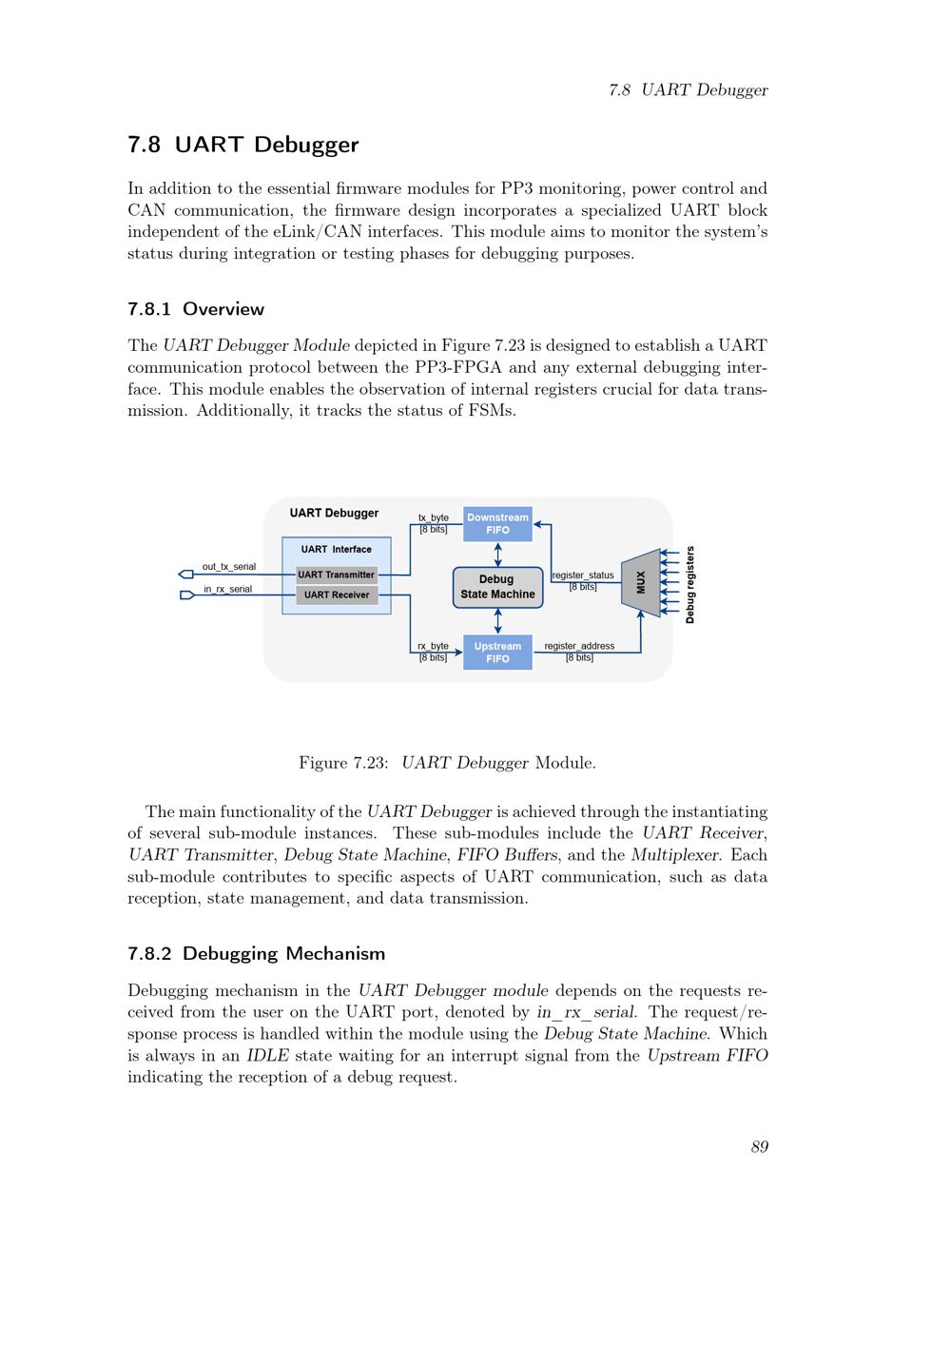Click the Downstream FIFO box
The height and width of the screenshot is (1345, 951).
click(497, 524)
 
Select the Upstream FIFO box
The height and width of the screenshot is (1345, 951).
click(497, 653)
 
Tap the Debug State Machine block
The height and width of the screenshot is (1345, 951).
click(497, 587)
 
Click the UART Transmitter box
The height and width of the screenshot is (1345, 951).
click(336, 575)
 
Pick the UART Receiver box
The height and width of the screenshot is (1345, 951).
click(336, 595)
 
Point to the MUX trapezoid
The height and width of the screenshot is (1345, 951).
click(641, 582)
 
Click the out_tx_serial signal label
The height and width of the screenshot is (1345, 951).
click(228, 567)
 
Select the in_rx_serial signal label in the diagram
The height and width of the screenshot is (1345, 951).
click(228, 589)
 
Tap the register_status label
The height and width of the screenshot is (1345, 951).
click(583, 575)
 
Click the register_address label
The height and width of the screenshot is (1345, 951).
click(579, 646)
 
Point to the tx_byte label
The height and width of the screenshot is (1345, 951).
click(434, 518)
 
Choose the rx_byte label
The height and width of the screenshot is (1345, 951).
click(433, 646)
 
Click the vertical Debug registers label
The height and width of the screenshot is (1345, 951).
click(690, 584)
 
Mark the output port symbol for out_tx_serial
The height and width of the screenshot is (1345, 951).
click(186, 575)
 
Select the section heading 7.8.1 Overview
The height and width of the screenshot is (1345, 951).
click(196, 309)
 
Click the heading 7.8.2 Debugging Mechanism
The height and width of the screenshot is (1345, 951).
click(256, 953)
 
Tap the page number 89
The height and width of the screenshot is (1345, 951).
click(759, 1146)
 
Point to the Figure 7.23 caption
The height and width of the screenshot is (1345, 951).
click(447, 763)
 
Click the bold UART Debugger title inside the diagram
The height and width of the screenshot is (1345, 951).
click(334, 514)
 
